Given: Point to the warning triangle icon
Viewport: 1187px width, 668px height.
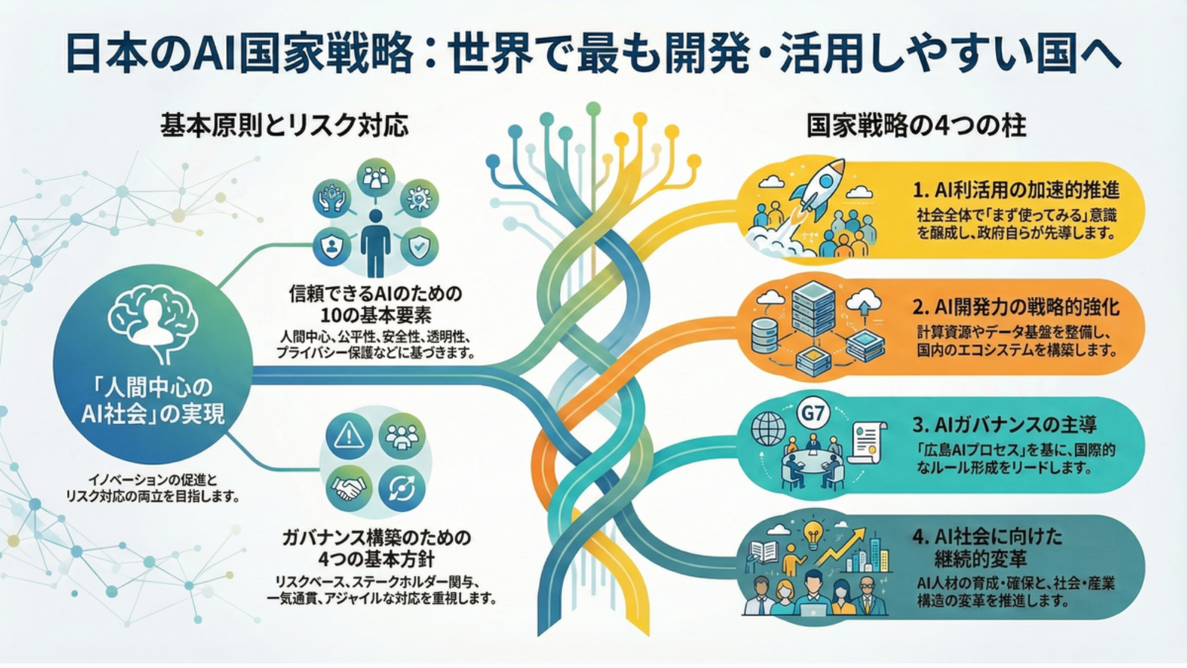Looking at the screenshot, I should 349,436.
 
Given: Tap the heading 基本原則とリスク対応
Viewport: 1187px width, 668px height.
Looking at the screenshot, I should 284,126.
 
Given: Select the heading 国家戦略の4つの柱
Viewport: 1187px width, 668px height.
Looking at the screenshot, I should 916,126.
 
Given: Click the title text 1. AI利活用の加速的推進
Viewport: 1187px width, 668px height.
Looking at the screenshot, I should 1015,190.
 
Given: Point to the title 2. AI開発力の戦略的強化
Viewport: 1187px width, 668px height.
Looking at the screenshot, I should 1015,307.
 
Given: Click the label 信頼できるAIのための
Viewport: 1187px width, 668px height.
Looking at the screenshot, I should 375,293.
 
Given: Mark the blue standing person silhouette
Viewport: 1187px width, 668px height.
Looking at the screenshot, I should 375,240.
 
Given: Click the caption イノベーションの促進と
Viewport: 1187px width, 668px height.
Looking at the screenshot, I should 153,480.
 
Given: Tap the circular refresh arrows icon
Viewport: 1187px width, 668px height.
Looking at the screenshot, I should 402,488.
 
